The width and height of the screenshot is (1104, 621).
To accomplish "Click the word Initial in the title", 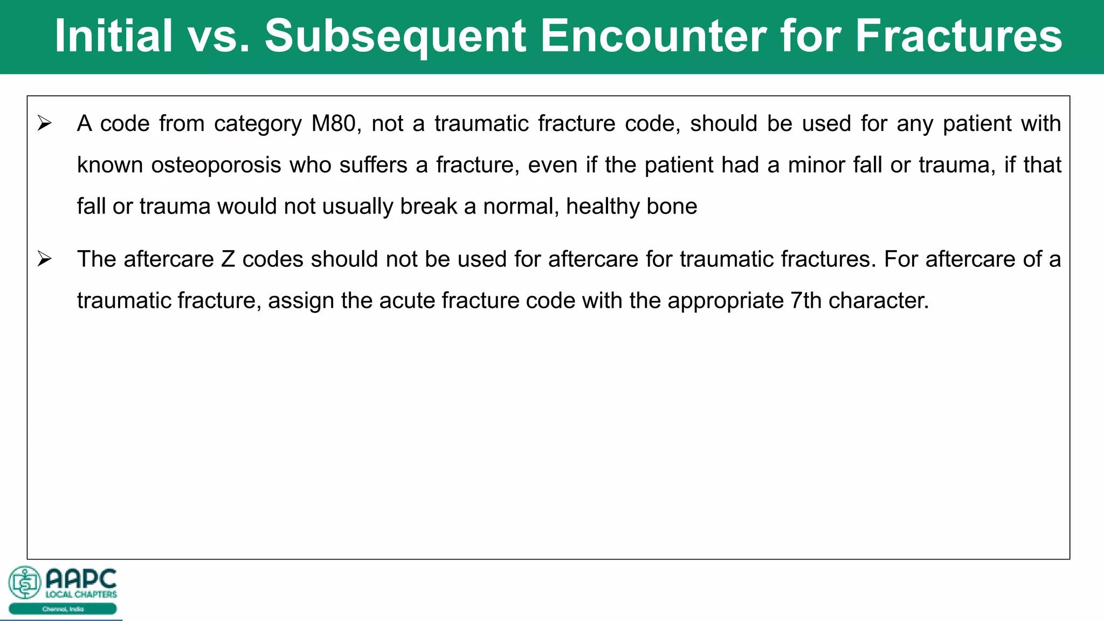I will coord(113,36).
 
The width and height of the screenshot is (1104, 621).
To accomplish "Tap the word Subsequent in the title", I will coord(395,36).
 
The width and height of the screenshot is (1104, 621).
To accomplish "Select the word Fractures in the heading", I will coord(958,36).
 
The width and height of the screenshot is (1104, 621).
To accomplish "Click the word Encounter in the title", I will coord(653,36).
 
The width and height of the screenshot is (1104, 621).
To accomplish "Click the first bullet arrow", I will coord(44,123).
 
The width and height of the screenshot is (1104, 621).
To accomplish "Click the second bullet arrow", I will coord(44,259).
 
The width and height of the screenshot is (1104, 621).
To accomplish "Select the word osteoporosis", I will coord(216,165).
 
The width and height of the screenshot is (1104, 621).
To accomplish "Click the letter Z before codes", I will coord(228,259).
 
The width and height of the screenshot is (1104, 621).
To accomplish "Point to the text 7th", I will coord(806,301).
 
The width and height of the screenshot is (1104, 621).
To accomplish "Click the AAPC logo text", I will coord(81,579).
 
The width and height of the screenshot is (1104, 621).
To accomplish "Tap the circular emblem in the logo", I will coord(25,582).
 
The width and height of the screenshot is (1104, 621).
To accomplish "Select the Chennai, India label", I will coord(63,609).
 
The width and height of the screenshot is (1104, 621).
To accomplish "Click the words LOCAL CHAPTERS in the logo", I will coord(81,595).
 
